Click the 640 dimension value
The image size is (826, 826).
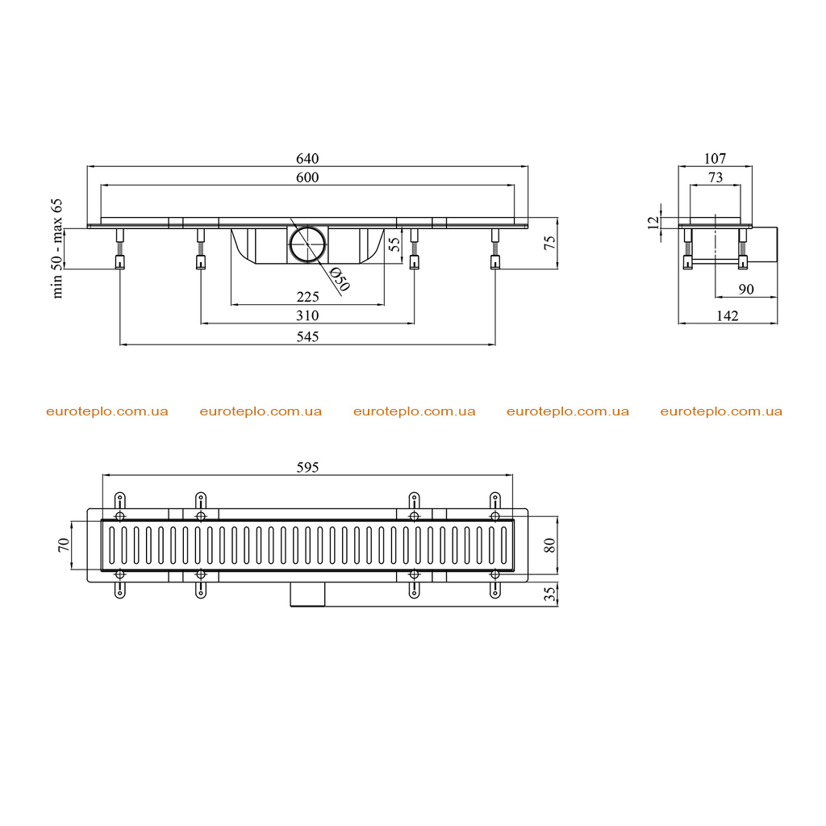pyautogui.click(x=307, y=158)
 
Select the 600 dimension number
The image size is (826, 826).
pyautogui.click(x=307, y=177)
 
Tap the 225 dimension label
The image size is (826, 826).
pyautogui.click(x=307, y=297)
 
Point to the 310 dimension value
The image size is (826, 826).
pyautogui.click(x=307, y=315)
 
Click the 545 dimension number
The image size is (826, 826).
pyautogui.click(x=307, y=336)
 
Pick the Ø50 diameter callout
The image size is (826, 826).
pyautogui.click(x=340, y=279)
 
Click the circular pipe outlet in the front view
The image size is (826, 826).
pyautogui.click(x=307, y=244)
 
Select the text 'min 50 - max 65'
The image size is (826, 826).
pyautogui.click(x=57, y=248)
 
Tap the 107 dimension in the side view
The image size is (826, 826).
pyautogui.click(x=715, y=158)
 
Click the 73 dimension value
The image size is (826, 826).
pyautogui.click(x=715, y=177)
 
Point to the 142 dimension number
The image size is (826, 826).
pyautogui.click(x=728, y=315)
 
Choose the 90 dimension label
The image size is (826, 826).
pyautogui.click(x=746, y=290)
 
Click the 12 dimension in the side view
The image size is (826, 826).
pyautogui.click(x=653, y=223)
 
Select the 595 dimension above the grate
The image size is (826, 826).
pyautogui.click(x=307, y=467)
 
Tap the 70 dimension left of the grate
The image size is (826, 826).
pyautogui.click(x=63, y=544)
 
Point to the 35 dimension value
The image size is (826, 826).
pyautogui.click(x=549, y=594)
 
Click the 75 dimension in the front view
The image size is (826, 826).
pyautogui.click(x=549, y=243)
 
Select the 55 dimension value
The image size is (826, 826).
pyautogui.click(x=394, y=244)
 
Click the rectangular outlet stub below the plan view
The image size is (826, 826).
pyautogui.click(x=307, y=594)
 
